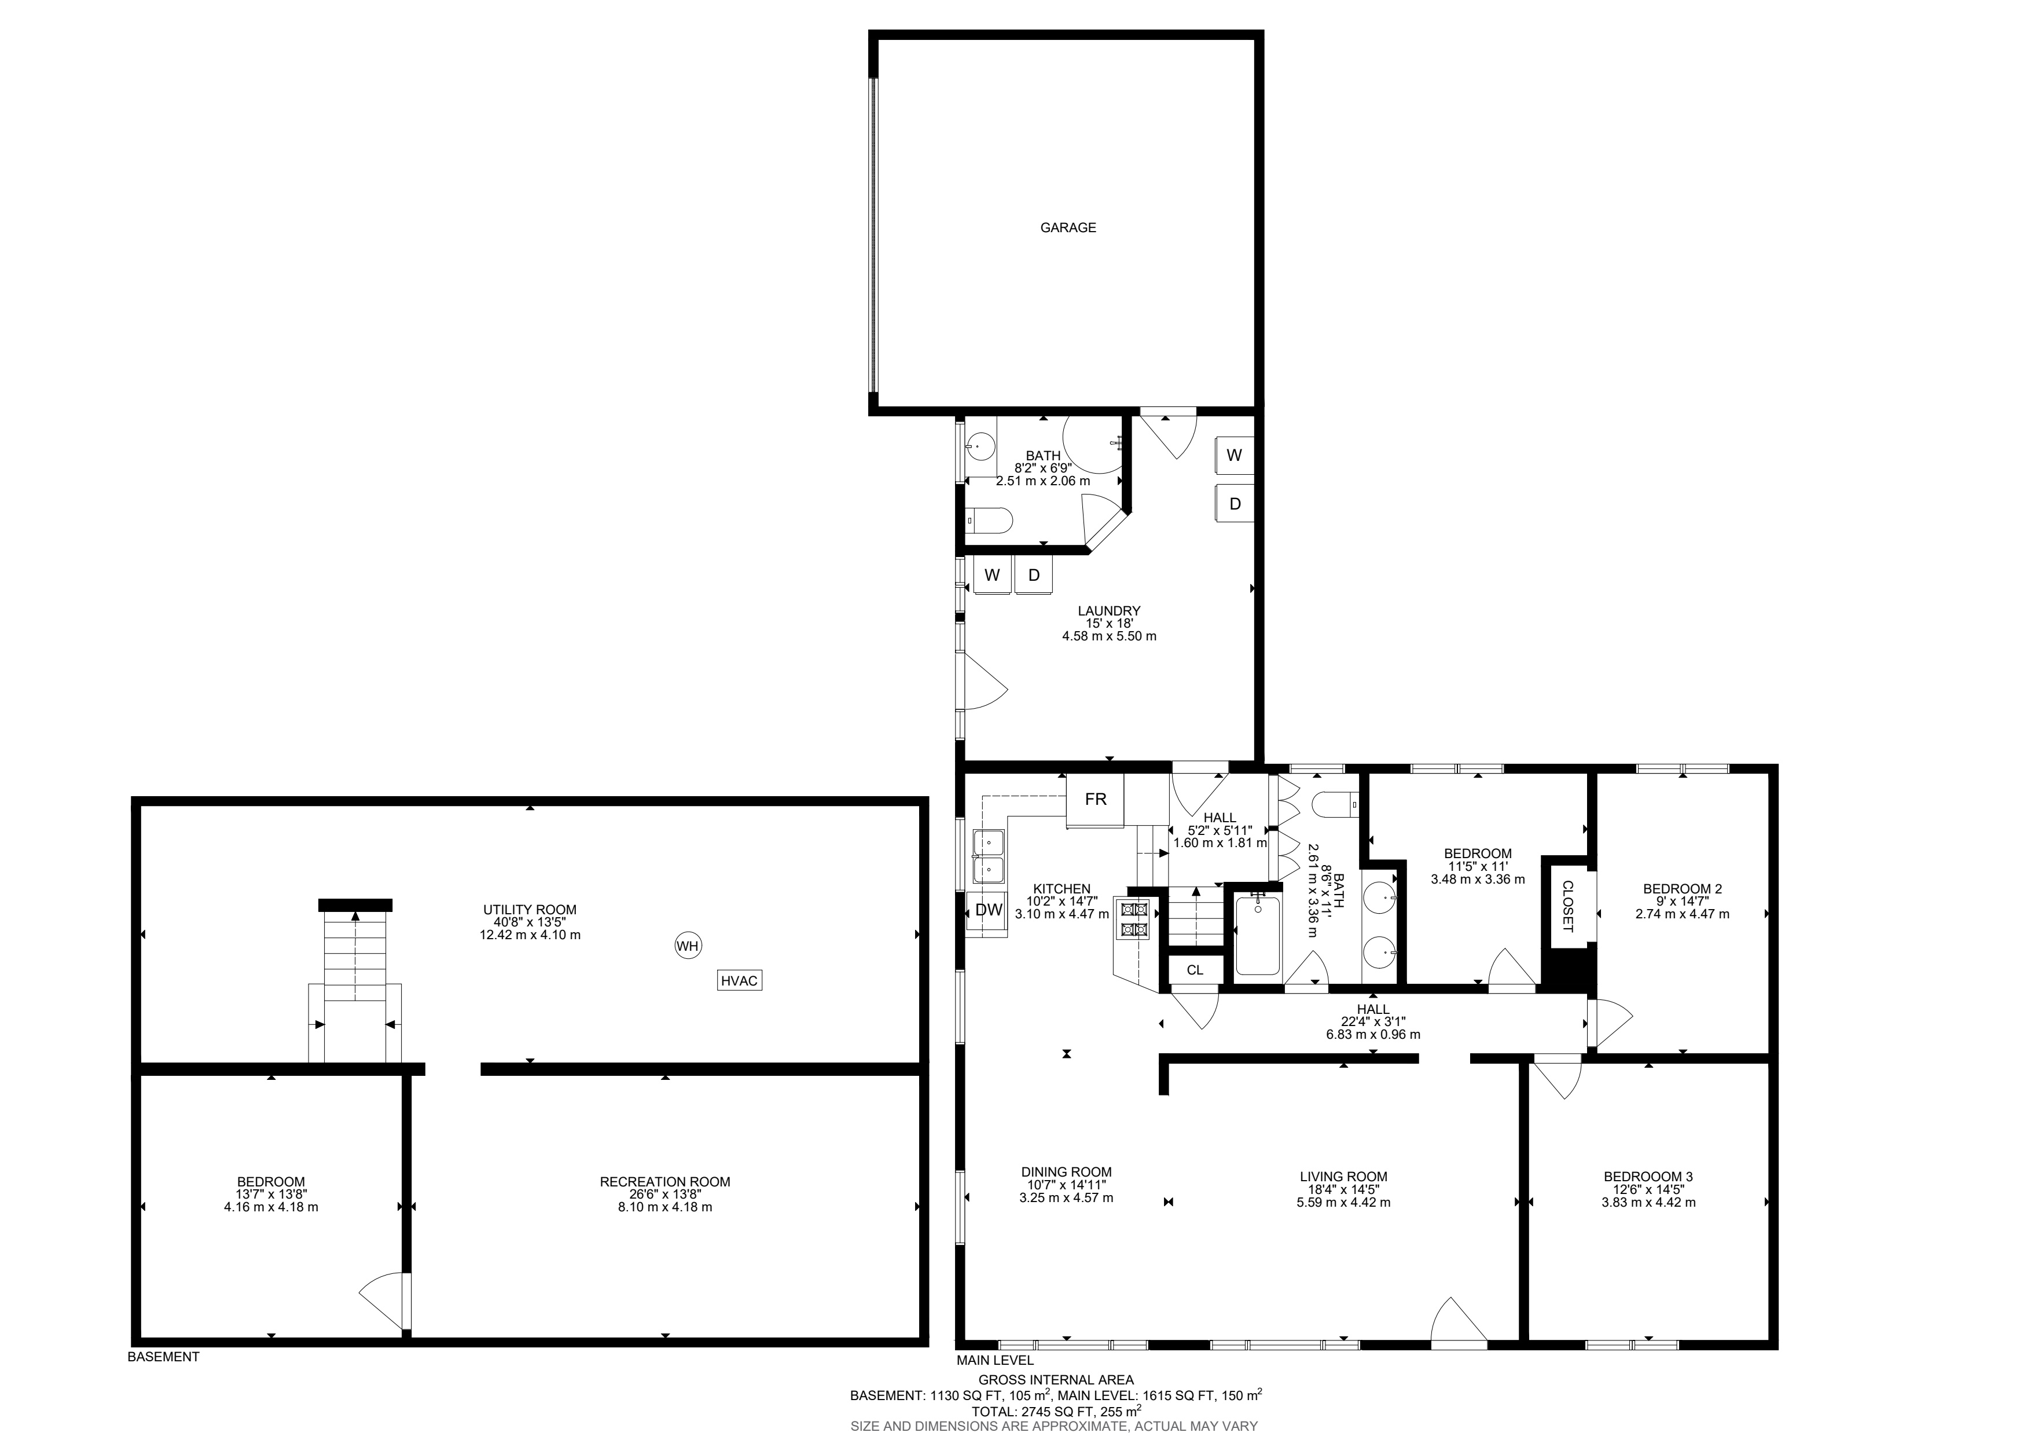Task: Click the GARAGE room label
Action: coord(1068,228)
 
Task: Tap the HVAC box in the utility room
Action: coord(740,980)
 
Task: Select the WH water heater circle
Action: coord(688,946)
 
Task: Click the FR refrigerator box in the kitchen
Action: coord(1095,800)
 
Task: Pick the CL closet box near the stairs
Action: coord(1195,970)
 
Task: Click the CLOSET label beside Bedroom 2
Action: coord(1567,906)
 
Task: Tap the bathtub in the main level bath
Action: coord(1257,935)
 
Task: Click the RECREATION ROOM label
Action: coord(665,1181)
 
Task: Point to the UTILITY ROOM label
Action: coord(530,910)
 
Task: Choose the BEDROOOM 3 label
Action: coord(1648,1177)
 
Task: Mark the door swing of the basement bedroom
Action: coord(385,1299)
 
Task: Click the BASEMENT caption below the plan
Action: coord(164,1356)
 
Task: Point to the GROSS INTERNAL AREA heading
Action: coord(1055,1379)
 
